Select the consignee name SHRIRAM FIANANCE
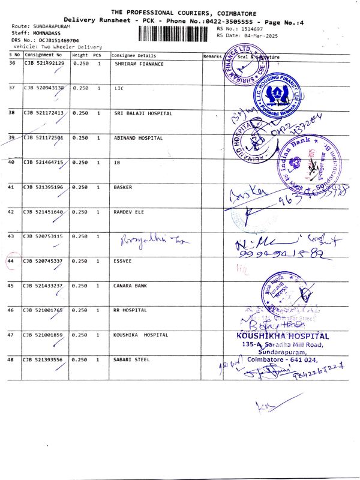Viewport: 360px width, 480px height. pyautogui.click(x=139, y=64)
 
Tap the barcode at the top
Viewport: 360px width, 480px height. pyautogui.click(x=176, y=33)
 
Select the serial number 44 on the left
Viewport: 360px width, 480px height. pyautogui.click(x=11, y=261)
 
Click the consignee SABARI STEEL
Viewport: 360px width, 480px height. pyautogui.click(x=132, y=359)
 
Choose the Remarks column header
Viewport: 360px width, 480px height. pyautogui.click(x=212, y=55)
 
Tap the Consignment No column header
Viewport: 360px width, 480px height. pyautogui.click(x=43, y=55)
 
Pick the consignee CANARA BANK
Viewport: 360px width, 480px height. pyautogui.click(x=130, y=286)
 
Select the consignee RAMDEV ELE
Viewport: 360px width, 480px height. pyautogui.click(x=129, y=212)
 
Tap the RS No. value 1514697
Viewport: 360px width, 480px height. pyautogui.click(x=251, y=28)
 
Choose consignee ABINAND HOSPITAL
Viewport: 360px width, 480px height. pyautogui.click(x=138, y=138)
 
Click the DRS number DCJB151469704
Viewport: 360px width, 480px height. pyautogui.click(x=55, y=40)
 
